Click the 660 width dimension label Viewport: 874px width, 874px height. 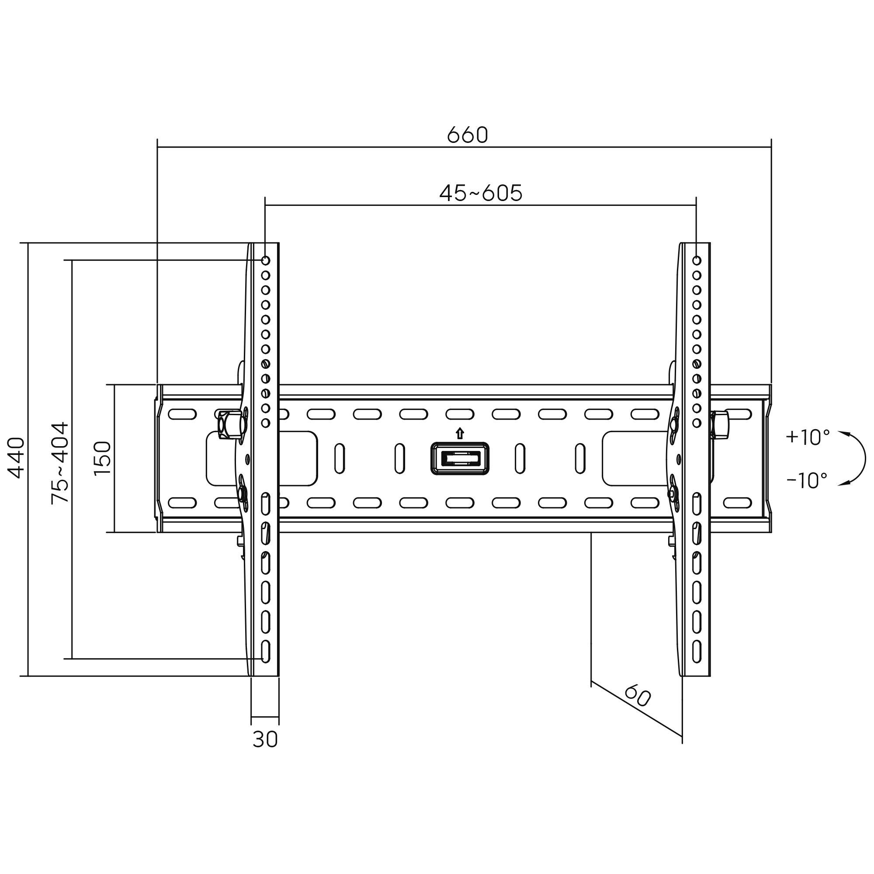point(467,135)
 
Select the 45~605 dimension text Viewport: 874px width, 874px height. point(480,193)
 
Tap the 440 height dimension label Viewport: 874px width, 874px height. point(17,458)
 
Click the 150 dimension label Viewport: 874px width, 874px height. point(103,458)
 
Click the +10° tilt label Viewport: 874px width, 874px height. point(808,437)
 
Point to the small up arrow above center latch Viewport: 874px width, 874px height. point(460,434)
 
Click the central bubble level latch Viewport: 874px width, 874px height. point(460,459)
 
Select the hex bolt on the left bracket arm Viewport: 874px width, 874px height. point(229,424)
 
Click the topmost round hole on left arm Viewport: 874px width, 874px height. point(266,260)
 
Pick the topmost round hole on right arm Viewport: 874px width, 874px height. point(697,260)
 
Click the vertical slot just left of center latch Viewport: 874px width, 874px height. point(399,458)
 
